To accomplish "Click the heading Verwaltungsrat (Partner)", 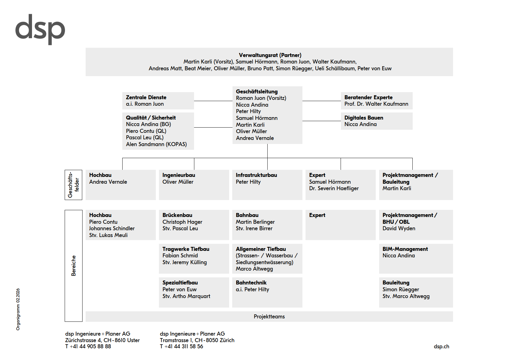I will pos(270,55).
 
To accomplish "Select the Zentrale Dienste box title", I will pos(146,97).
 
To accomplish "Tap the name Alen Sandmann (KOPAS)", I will pos(156,144).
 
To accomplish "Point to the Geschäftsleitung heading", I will pos(257,92).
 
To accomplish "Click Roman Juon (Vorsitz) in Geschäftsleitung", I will pos(261,98).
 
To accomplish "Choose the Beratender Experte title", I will pos(368,97).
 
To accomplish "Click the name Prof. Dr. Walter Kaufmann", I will pos(376,104).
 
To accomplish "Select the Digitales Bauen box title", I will pos(364,118).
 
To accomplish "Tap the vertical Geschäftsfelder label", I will pos(73,185).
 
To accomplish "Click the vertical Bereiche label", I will pos(73,266).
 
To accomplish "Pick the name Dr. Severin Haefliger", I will pos(334,188).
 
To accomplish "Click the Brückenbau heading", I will pos(177,215).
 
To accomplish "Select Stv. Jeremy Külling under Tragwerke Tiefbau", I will pos(184,262).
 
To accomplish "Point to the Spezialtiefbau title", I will pos(180,283).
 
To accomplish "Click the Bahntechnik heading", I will pos(251,283).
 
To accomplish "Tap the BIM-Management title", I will pos(405,249).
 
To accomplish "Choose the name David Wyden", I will pos(399,228).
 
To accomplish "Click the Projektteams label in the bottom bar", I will pos(269,317).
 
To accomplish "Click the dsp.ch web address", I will pos(441,346).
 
